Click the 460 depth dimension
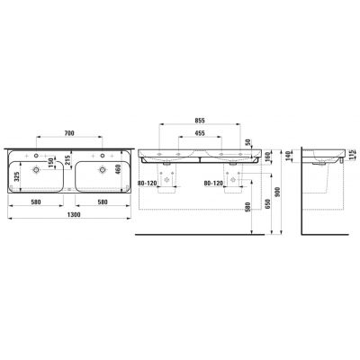[119, 169]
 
